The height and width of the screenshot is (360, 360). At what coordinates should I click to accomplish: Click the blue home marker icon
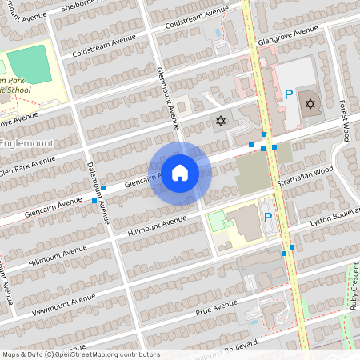pyautogui.click(x=180, y=172)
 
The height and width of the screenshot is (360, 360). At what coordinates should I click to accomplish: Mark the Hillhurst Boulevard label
pyautogui.click(x=232, y=347)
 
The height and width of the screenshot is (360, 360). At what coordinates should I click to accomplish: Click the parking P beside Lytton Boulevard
pyautogui.click(x=268, y=218)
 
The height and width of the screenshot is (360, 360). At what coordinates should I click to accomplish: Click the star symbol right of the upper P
pyautogui.click(x=310, y=103)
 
